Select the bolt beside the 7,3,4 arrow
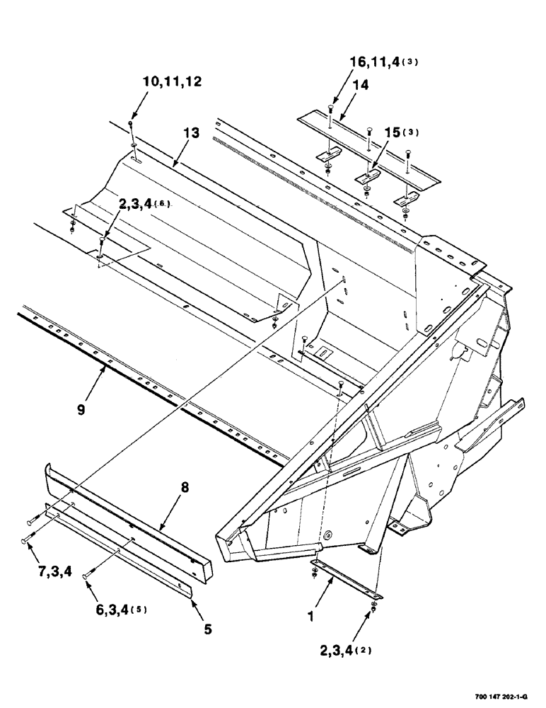point(28,522)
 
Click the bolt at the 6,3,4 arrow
point(88,576)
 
